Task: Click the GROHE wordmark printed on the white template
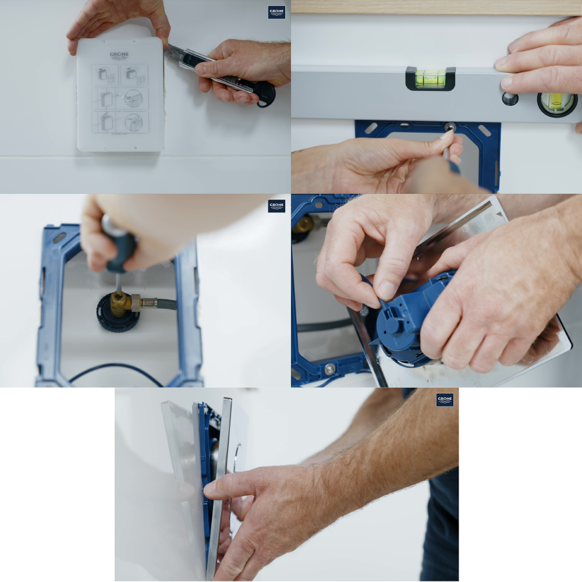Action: coord(119,55)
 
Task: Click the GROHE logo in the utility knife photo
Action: coord(276,12)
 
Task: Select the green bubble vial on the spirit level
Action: coord(431,79)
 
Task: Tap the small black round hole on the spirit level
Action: coord(510,99)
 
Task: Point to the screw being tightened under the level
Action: coord(450,127)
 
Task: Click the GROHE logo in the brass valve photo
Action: coord(276,206)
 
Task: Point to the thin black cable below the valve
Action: coord(116,368)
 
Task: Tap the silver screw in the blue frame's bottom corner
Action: coord(330,369)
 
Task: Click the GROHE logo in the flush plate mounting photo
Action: coord(445,400)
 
